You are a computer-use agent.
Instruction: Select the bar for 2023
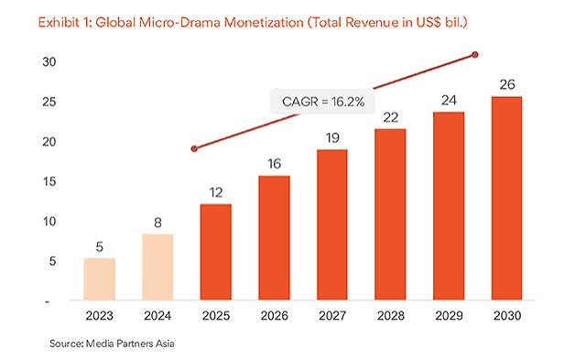point(100,278)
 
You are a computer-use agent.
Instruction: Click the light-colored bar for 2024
point(157,267)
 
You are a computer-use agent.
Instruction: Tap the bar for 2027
point(332,224)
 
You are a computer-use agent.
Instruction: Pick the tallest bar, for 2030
point(506,198)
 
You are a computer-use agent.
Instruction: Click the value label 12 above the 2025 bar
point(216,192)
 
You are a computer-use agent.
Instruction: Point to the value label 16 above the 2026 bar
point(275,164)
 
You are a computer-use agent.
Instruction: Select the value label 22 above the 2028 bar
point(391,117)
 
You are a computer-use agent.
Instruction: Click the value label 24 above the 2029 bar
point(449,100)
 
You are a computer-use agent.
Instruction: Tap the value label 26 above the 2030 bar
point(507,84)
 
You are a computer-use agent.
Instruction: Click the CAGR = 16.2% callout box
point(322,102)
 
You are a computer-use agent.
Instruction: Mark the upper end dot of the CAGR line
point(475,55)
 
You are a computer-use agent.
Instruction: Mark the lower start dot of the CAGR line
point(194,148)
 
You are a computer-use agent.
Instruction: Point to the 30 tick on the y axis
point(49,61)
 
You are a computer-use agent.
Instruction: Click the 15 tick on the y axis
point(49,181)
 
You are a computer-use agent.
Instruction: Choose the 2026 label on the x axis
point(275,316)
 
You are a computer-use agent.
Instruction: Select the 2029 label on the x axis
point(449,316)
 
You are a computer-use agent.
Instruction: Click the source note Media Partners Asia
point(130,344)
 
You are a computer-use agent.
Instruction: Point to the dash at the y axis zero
point(47,301)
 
